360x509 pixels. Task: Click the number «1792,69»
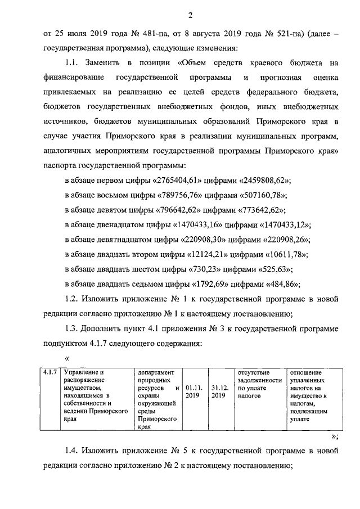pos(212,283)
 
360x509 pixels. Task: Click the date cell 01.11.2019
pos(193,391)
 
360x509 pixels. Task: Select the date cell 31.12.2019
pos(219,391)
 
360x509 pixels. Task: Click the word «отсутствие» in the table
pos(254,372)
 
